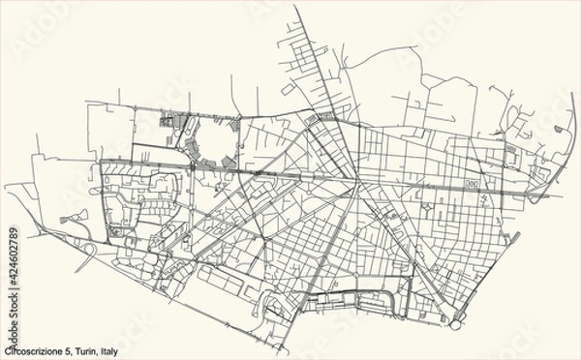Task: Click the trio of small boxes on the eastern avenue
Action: [x=474, y=182]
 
